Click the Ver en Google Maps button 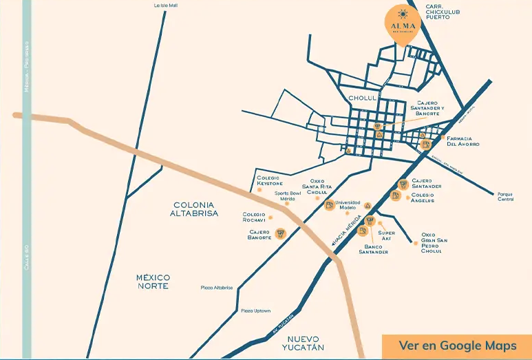tap(457, 346)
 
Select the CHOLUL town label tap(363, 98)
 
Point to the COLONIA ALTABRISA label tap(195, 209)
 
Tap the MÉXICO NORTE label tap(152, 281)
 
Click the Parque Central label tap(506, 196)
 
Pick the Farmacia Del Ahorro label tap(462, 141)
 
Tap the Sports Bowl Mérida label tap(288, 195)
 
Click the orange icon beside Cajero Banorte tap(280, 233)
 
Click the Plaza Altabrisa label tap(217, 288)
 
